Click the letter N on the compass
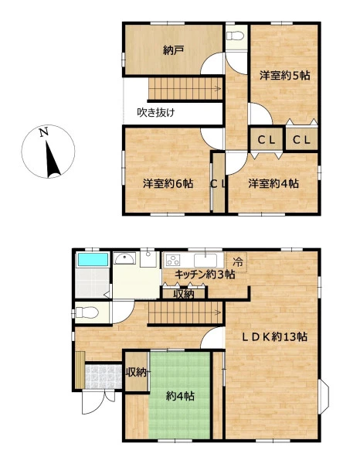(x=44, y=132)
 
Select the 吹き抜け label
(x=156, y=112)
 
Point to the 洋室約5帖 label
(x=284, y=76)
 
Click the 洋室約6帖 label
(x=168, y=183)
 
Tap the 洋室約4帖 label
(x=273, y=183)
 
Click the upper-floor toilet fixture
(x=235, y=36)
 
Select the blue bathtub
(x=93, y=260)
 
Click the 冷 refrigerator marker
(x=237, y=261)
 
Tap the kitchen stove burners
(x=172, y=260)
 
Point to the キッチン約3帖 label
(x=205, y=275)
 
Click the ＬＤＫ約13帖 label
(x=274, y=336)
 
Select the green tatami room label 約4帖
(x=180, y=396)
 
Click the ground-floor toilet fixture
(x=87, y=312)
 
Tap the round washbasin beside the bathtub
(x=124, y=259)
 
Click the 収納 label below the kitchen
(x=184, y=294)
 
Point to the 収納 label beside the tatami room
(x=136, y=372)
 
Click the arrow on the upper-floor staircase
(x=217, y=88)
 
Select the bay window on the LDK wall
(x=324, y=397)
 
